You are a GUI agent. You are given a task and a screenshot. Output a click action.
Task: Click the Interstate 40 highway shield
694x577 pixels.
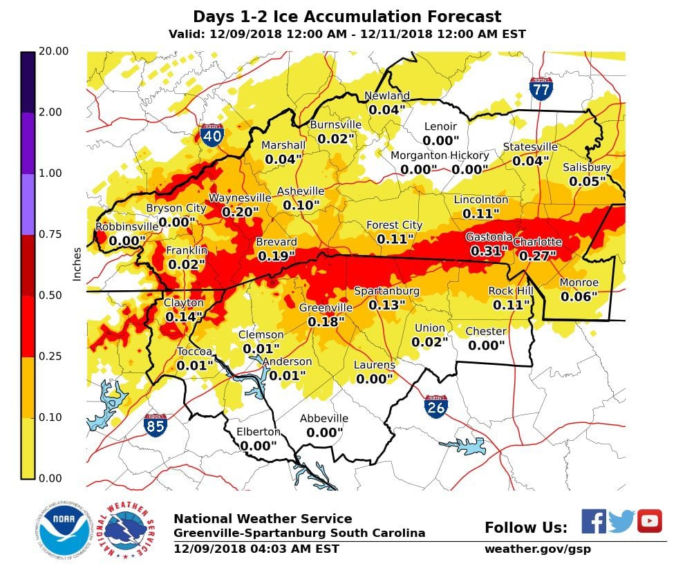pos(212,135)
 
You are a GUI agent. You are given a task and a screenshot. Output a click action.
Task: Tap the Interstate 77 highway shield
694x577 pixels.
pos(541,88)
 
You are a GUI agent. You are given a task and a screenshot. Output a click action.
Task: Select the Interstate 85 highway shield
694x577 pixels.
pos(155,424)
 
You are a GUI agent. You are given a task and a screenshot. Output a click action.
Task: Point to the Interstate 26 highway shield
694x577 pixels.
pos(435,406)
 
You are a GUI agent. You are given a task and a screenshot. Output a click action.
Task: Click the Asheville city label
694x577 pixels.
pos(300,191)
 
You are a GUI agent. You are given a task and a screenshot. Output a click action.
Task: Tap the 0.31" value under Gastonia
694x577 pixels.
pos(489,251)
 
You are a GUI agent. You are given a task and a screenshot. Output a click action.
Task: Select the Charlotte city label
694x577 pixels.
pos(537,242)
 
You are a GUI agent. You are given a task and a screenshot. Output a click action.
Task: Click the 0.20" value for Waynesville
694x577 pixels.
pos(240,212)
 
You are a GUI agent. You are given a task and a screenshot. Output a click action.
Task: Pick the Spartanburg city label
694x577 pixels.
pos(386,291)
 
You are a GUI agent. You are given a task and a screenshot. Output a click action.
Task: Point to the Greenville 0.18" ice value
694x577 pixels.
pos(326,321)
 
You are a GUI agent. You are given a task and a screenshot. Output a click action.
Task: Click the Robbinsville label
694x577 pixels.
pos(126,227)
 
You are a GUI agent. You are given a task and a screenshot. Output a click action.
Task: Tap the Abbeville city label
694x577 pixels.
pos(323,419)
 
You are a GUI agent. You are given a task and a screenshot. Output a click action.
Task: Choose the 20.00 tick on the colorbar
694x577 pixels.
pos(55,51)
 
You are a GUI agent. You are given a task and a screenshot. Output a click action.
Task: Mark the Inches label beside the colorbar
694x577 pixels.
pos(77,264)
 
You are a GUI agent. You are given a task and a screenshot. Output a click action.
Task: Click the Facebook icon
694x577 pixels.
pos(593,522)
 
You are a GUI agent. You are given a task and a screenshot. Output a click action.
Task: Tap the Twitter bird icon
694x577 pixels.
pos(621,522)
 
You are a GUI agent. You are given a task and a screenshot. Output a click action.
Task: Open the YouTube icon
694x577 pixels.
pos(650,521)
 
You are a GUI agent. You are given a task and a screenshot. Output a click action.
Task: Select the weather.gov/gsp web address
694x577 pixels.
pos(538,549)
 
